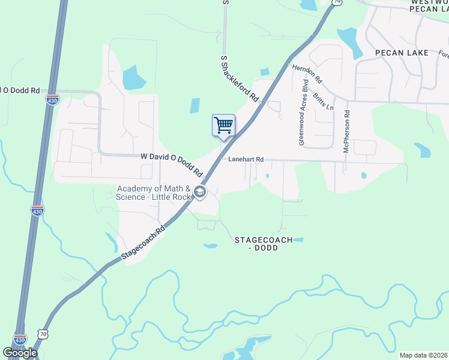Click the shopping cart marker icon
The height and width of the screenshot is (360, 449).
coord(223,125)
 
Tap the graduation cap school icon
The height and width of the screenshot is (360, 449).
coord(200,193)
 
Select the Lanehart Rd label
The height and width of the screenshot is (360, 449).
coord(246,160)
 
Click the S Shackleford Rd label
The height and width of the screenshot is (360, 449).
coord(240,78)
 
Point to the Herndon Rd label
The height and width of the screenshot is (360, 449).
coord(307,74)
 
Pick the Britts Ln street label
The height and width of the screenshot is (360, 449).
coord(322,95)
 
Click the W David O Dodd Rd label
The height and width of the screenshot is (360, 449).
coord(172,164)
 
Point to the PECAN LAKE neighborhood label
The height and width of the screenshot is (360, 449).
coord(402,53)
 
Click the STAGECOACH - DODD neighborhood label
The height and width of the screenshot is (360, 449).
coord(263,244)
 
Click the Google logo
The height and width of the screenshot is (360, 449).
coord(20,353)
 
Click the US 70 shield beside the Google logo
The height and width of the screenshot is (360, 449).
coord(41,334)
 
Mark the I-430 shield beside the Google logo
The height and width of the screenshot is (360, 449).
coord(20,340)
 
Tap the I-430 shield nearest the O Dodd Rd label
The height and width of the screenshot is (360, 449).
coord(52,99)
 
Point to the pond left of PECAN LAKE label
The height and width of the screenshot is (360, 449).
coord(348,41)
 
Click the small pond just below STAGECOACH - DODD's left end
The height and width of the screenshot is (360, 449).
coord(210,245)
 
